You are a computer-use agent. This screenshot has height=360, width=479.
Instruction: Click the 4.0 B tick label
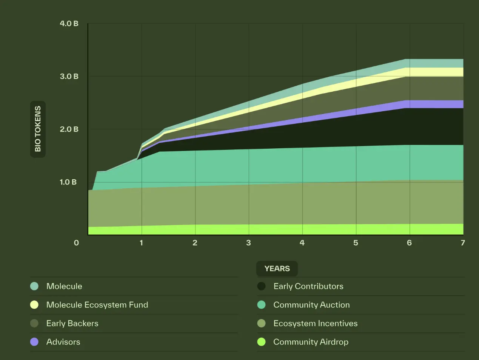point(69,23)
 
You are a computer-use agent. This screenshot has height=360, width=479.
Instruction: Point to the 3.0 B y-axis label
point(69,76)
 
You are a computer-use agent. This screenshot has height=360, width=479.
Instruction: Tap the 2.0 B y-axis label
point(69,129)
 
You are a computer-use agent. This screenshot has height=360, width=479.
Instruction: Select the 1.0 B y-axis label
point(68,182)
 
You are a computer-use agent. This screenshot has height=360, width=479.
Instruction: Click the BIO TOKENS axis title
point(38,129)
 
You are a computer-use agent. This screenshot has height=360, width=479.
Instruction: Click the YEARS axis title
point(277,269)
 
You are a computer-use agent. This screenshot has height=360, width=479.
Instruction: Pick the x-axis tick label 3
point(248,243)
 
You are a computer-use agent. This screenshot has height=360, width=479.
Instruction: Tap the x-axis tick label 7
point(463,243)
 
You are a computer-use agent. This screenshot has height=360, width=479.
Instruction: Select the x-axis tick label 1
point(142,243)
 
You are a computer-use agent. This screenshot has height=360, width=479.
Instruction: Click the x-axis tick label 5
point(356,243)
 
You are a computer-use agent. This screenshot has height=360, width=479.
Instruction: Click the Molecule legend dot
point(34,286)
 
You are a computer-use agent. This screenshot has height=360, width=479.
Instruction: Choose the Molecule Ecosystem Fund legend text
point(97,305)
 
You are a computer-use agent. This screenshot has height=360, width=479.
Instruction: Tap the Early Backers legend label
point(72,323)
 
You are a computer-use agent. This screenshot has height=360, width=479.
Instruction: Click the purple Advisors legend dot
point(34,342)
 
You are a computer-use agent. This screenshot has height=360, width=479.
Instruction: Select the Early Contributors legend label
point(308,286)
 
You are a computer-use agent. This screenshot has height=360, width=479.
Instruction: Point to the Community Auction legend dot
point(261,305)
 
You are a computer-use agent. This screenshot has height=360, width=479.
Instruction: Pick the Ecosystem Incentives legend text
point(315,323)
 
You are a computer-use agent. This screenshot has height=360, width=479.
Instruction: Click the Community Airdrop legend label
point(311,342)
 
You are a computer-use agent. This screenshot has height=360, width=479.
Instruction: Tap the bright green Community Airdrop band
point(302,229)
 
